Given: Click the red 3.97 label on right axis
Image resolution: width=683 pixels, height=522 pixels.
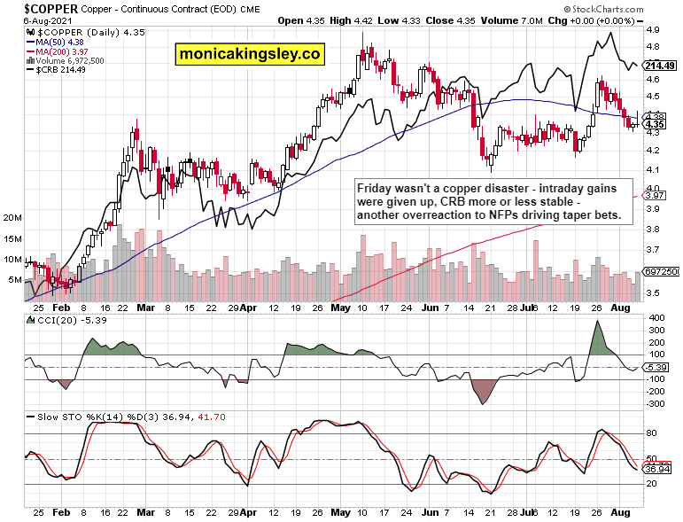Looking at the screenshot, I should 656,195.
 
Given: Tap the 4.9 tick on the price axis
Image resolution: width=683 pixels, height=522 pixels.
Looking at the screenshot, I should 651,30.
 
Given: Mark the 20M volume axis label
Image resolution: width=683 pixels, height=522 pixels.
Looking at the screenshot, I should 12,217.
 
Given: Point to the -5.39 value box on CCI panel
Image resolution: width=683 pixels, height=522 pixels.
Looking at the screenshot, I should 656,366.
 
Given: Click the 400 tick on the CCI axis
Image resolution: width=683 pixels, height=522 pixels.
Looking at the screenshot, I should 656,317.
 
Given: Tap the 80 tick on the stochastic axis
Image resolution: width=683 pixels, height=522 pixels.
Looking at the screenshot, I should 652,434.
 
